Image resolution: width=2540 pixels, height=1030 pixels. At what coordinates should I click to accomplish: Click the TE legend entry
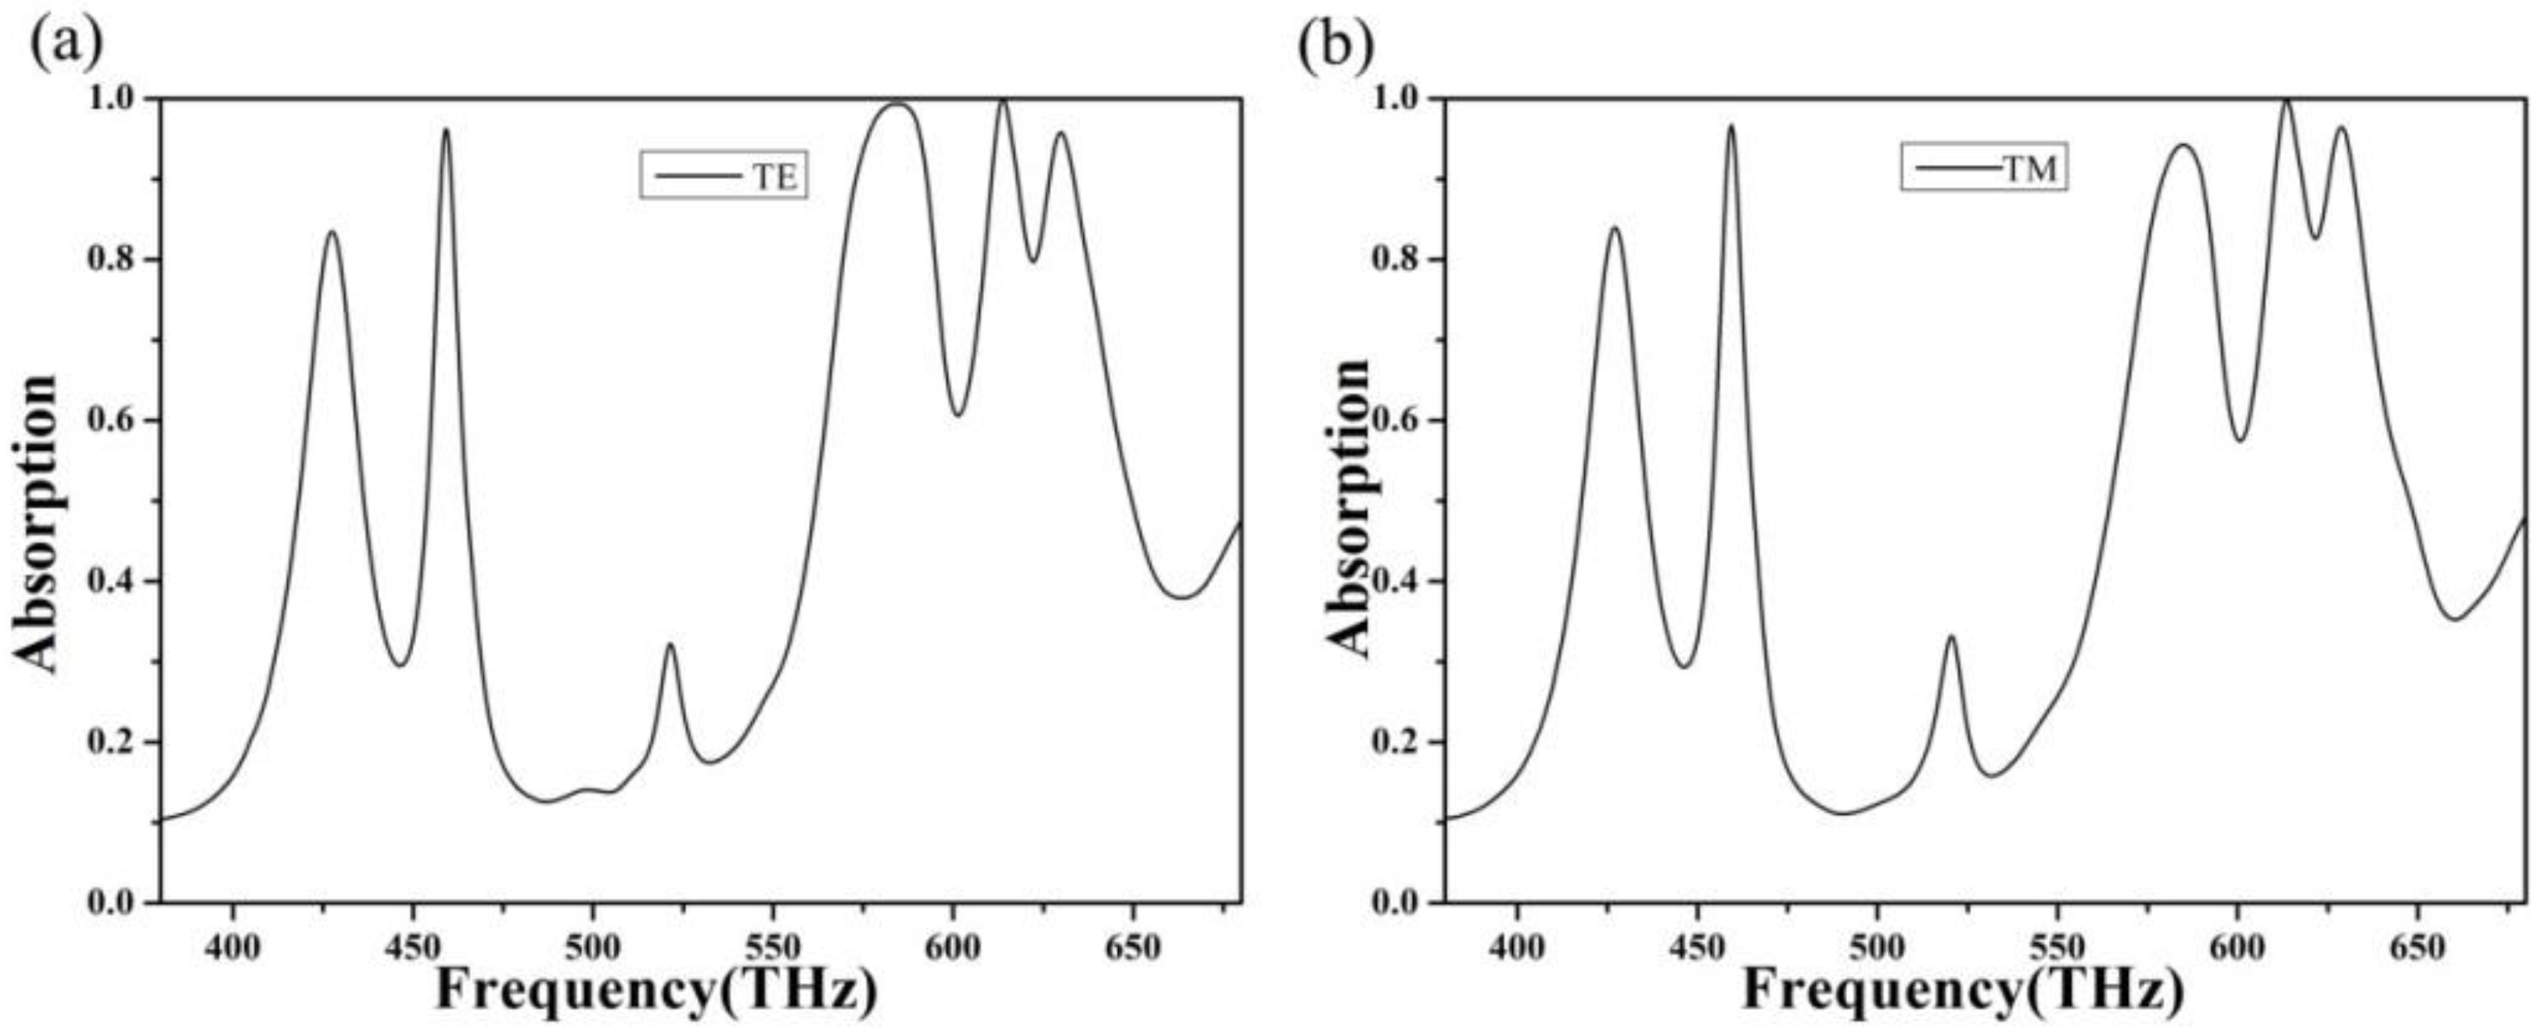click(724, 176)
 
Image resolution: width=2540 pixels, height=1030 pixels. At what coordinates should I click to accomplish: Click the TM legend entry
click(1984, 169)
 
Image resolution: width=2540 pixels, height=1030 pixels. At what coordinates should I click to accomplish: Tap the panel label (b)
click(1335, 44)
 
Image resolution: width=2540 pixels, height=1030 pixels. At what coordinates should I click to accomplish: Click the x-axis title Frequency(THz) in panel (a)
click(657, 990)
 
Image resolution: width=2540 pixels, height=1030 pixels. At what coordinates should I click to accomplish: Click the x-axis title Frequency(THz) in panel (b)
click(1962, 990)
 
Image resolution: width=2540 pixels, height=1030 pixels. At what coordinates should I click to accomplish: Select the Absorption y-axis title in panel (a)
click(37, 523)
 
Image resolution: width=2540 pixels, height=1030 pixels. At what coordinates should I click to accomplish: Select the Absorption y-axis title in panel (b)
click(1348, 507)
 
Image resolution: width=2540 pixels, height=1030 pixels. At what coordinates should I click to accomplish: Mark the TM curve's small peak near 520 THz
click(1950, 638)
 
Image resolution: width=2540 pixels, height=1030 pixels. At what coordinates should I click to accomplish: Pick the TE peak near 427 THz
click(332, 231)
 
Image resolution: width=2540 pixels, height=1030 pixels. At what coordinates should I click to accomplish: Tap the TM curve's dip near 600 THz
click(2239, 440)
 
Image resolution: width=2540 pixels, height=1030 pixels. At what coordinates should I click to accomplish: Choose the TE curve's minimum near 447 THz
click(400, 665)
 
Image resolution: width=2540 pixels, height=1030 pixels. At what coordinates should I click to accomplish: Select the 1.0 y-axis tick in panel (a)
click(115, 99)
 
